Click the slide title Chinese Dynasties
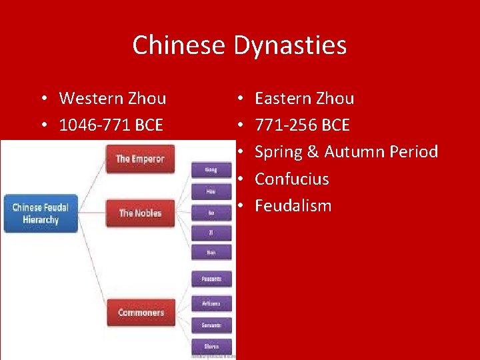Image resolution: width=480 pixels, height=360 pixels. [x=239, y=45]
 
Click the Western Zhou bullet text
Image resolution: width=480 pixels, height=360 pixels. [x=112, y=99]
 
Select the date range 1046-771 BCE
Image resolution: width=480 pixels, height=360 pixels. [x=111, y=125]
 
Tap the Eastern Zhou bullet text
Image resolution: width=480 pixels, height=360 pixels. [x=304, y=99]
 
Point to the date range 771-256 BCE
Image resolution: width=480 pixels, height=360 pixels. [x=302, y=125]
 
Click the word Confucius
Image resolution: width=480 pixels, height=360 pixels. [x=292, y=179]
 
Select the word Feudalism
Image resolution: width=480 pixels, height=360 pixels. [x=293, y=205]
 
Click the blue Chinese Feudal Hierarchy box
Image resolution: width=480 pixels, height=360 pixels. [x=41, y=213]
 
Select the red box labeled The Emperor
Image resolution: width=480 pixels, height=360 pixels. [x=140, y=159]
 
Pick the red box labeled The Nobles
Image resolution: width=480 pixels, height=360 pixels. [x=140, y=213]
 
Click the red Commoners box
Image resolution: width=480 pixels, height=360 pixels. [x=141, y=312]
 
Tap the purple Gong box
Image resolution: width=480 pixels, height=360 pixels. [x=211, y=170]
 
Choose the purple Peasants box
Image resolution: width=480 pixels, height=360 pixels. [x=211, y=279]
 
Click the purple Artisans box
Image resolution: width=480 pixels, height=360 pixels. [x=211, y=303]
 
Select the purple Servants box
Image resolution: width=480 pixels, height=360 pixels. [x=211, y=325]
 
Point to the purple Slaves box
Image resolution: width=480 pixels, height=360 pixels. [x=211, y=346]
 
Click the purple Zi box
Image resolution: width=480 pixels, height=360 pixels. [x=211, y=233]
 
